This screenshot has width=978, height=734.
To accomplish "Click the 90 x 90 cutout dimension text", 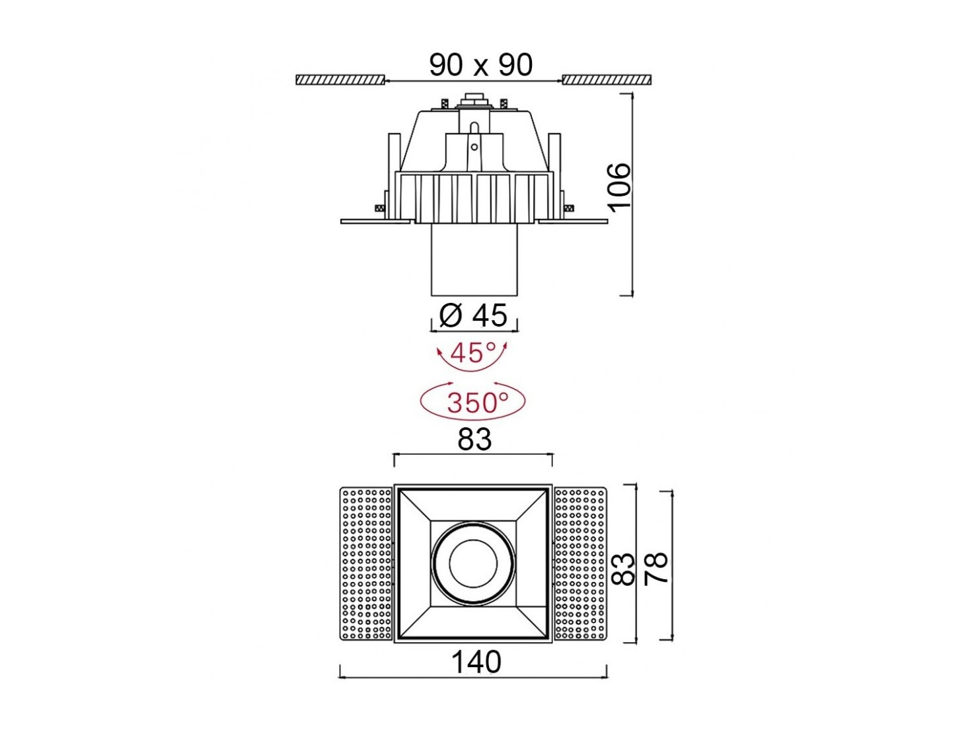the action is pos(480,65).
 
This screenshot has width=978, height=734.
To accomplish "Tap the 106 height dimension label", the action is pos(620,187).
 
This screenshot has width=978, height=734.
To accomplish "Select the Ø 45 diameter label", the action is pos(472,315).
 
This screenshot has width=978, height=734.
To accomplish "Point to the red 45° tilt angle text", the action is pos(472,353).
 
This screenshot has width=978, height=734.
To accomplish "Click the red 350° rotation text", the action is pos(478,402).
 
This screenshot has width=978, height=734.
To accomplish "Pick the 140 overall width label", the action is pos(476,662).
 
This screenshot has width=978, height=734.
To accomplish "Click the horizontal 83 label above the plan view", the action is pos(474,440).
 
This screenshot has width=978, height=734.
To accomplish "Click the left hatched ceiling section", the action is pos(340,80).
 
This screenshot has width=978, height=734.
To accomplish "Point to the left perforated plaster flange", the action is pos(366,564).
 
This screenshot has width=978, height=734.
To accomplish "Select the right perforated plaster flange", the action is pos(580,564).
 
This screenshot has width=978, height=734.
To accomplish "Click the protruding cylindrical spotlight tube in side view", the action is pos(474,259).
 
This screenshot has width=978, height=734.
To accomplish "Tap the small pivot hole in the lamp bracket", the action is pos(474,147).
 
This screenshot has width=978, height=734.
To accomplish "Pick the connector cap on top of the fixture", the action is pos(474,101).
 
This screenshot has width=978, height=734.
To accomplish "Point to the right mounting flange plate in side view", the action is pos(572,222).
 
